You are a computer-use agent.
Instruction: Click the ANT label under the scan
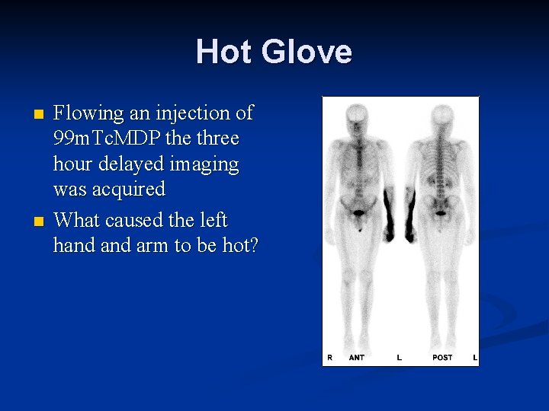pyautogui.click(x=356, y=357)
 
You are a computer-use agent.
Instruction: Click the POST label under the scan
pyautogui.click(x=441, y=357)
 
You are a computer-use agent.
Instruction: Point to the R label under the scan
pyautogui.click(x=329, y=357)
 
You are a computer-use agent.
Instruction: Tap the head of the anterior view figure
pyautogui.click(x=356, y=115)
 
